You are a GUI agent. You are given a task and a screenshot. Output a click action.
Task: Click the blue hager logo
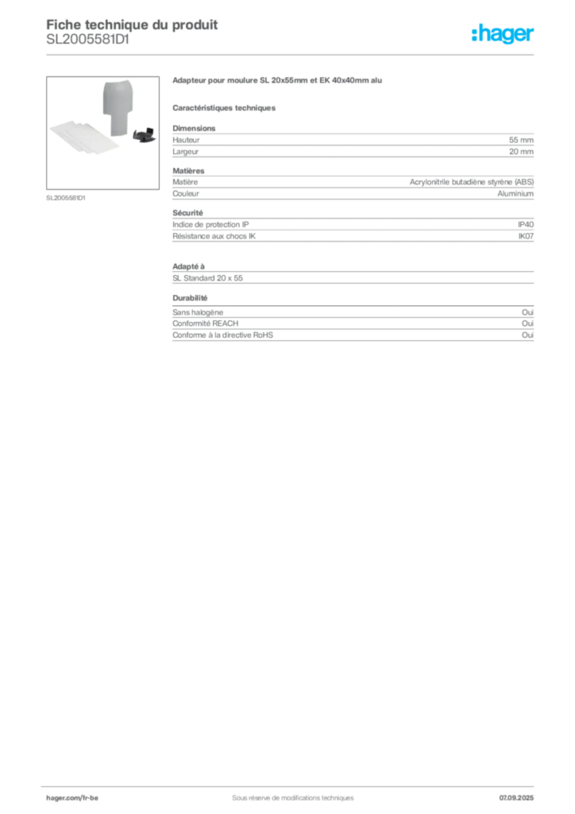coord(504,35)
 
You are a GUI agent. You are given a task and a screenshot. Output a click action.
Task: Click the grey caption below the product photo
coord(66,197)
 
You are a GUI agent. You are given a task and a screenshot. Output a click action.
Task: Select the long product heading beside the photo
coord(279,83)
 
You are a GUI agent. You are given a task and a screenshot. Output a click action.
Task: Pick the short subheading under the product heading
coord(225,108)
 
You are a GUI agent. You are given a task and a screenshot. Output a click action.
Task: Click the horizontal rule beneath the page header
coord(292,54)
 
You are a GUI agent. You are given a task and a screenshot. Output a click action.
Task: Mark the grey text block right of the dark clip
coord(352,143)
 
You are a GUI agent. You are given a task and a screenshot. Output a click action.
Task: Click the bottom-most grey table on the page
coord(352,325)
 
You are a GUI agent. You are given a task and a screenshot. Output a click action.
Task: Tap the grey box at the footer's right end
coord(521,793)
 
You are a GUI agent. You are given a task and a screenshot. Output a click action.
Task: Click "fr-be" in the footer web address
coord(90,797)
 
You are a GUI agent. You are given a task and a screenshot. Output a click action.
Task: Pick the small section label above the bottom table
coord(191,298)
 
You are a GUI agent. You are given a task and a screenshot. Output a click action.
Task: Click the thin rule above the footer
coord(292,783)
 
